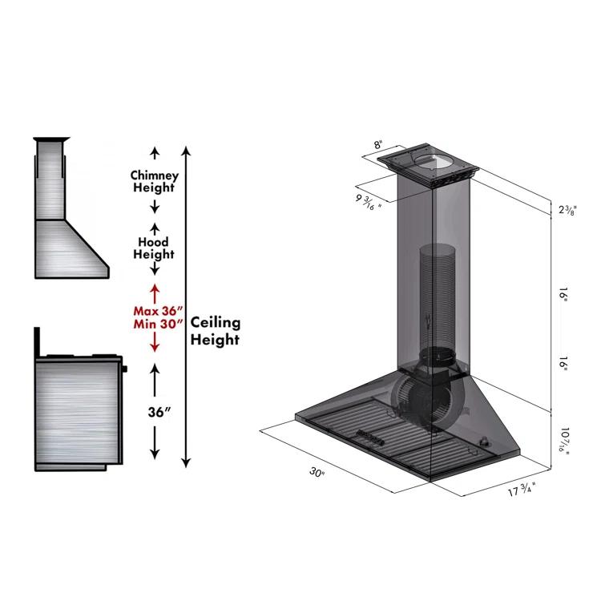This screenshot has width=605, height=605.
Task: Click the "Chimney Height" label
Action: click(155, 181)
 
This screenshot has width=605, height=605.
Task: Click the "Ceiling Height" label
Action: click(216, 330)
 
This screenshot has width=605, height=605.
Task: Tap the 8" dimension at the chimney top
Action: click(377, 145)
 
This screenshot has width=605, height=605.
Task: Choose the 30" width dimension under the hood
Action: click(317, 473)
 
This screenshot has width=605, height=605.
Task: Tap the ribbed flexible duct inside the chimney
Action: click(437, 296)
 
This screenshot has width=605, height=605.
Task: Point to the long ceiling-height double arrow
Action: click(187, 305)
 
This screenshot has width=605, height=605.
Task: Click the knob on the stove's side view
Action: click(124, 369)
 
